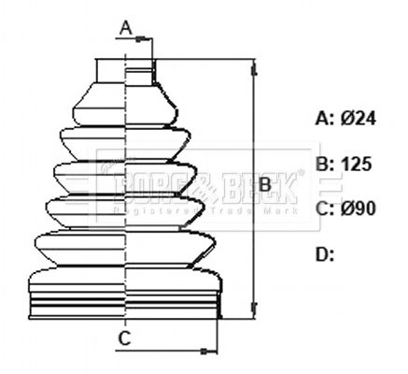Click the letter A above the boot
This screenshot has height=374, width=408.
pos(126,27)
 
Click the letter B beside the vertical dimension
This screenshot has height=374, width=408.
pos(265,186)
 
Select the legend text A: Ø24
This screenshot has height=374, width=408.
pos(345,119)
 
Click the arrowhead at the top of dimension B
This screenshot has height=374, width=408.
pos(252,66)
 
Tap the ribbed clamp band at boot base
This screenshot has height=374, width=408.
pos(125,308)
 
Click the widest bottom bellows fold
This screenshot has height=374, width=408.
pos(125,281)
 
